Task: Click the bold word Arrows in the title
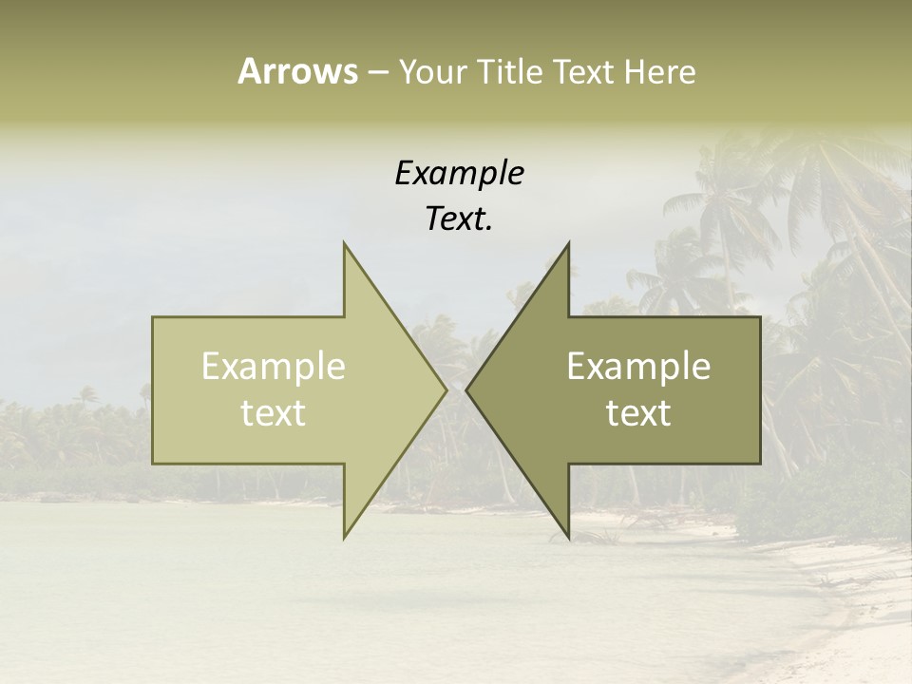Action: [x=297, y=71]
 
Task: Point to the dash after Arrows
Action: [x=377, y=73]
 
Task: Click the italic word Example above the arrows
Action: [x=459, y=174]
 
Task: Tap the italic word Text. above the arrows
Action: [x=459, y=219]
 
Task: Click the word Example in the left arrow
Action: [x=274, y=366]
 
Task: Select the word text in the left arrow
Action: [x=274, y=412]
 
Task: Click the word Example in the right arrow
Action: [x=638, y=366]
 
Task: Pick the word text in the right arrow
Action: [x=638, y=412]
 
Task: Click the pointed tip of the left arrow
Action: [x=446, y=389]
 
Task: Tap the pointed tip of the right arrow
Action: [x=466, y=389]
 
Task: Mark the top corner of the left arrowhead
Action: [x=344, y=242]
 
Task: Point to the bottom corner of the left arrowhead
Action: [x=344, y=539]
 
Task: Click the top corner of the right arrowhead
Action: [x=569, y=242]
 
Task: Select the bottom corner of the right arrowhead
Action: [x=569, y=539]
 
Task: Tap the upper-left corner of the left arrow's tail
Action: [x=153, y=317]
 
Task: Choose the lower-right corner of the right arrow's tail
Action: [x=760, y=463]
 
